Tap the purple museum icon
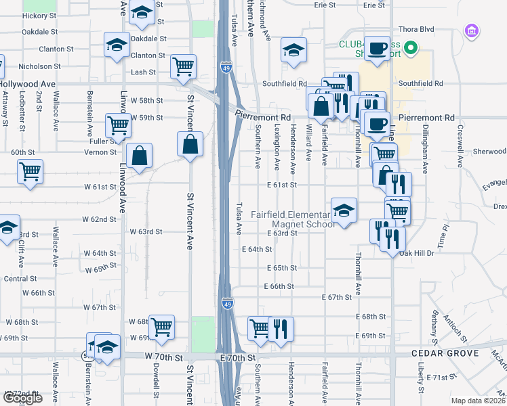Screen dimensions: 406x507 [x=471, y=30]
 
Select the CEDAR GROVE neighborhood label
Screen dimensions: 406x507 [x=445, y=354]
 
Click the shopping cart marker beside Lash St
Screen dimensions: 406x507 [x=184, y=66]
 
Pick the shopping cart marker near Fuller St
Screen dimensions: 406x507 [x=118, y=125]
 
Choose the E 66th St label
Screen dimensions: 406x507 [x=279, y=286]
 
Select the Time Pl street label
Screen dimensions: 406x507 [x=444, y=236]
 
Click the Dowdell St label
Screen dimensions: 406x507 [x=156, y=386]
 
